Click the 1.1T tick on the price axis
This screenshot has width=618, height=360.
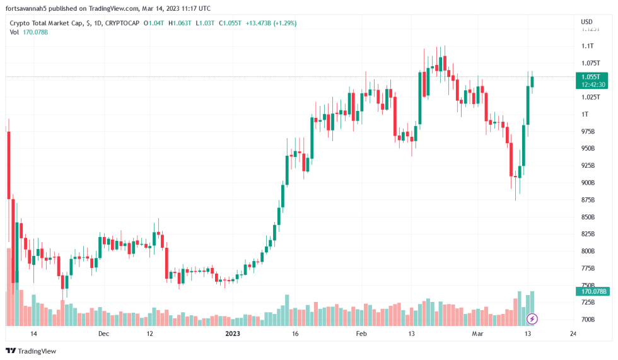[587, 46]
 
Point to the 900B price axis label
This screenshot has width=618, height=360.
[588, 183]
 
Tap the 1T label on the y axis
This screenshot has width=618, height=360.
[585, 114]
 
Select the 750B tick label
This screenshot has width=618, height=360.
[588, 285]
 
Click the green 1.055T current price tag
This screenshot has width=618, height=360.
[593, 77]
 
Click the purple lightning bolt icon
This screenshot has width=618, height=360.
[532, 318]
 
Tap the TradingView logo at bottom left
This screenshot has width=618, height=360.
[31, 351]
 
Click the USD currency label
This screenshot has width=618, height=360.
[586, 22]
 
